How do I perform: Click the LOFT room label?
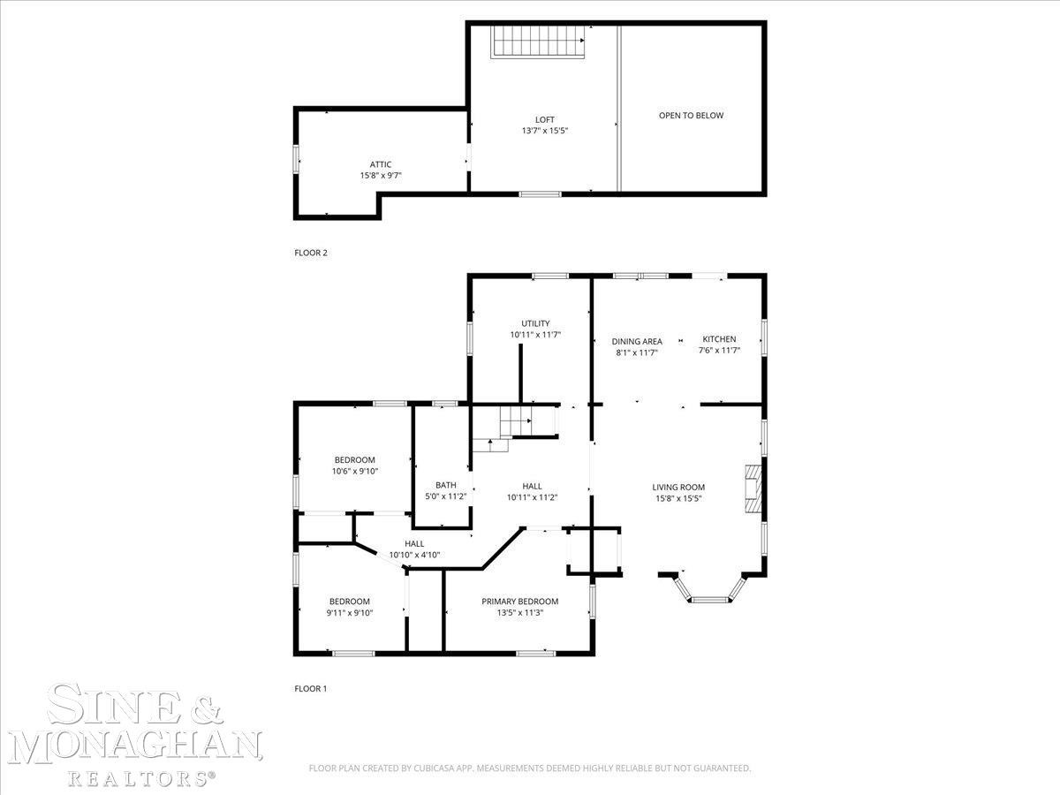tap(545, 119)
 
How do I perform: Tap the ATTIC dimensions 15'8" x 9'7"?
tap(381, 176)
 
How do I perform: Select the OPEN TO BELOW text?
tap(691, 116)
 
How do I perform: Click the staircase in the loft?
tap(538, 42)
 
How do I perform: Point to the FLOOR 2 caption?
tap(311, 253)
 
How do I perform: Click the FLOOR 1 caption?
tap(311, 688)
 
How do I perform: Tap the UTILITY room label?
tap(535, 323)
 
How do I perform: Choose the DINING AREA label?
tap(637, 341)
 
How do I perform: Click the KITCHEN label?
tap(719, 339)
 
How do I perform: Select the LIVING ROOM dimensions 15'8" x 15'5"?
tap(678, 498)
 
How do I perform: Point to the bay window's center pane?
tap(709, 600)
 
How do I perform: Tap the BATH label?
tap(446, 485)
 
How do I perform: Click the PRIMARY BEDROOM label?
tap(519, 602)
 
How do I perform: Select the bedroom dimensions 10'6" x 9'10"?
tap(355, 471)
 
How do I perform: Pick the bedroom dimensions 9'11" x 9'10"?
tap(350, 613)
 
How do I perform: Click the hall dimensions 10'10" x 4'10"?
tap(414, 555)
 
